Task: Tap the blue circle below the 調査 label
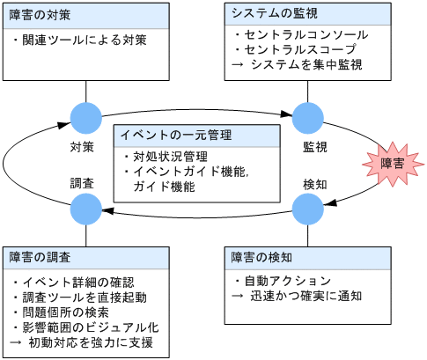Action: point(86,209)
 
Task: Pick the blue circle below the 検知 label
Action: point(308,209)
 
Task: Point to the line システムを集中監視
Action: point(304,64)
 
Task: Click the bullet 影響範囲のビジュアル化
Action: point(87,326)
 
